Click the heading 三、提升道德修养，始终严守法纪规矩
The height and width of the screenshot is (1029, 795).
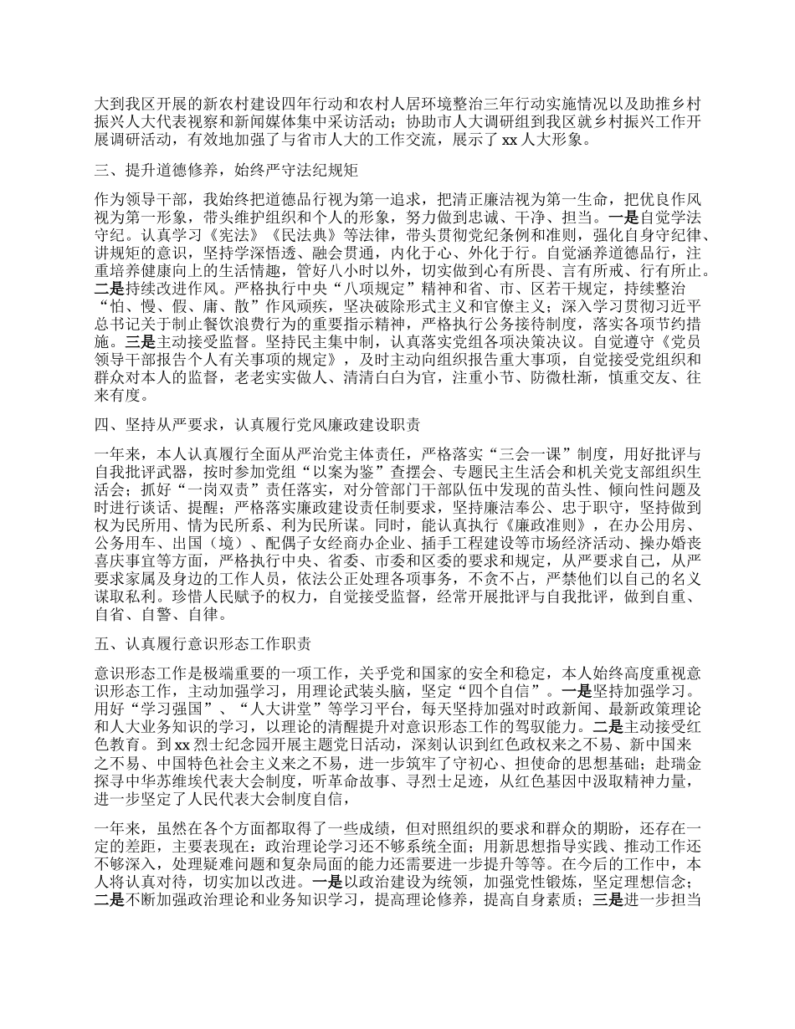(226, 171)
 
